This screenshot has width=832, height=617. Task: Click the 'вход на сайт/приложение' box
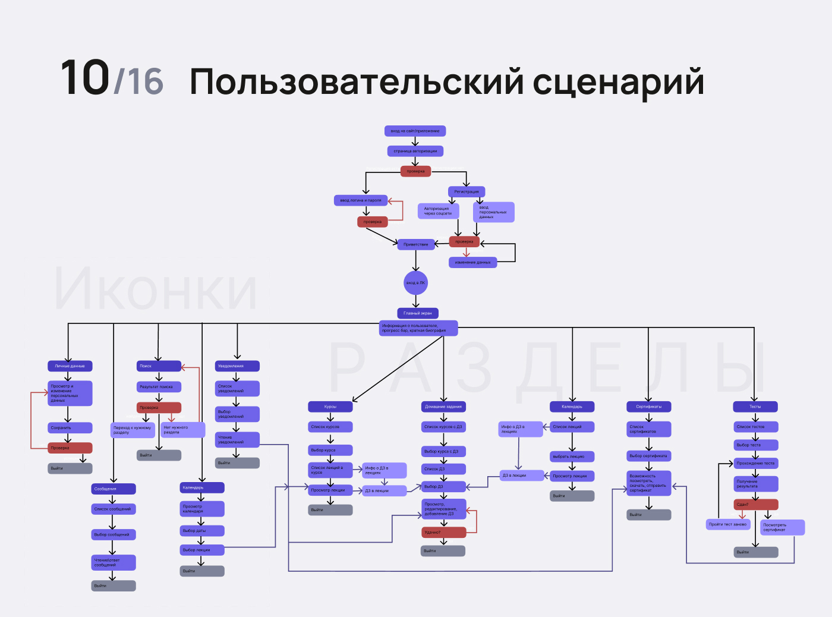(x=415, y=131)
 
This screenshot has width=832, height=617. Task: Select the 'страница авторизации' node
(x=415, y=151)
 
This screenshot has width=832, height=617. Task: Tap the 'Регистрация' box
(x=467, y=191)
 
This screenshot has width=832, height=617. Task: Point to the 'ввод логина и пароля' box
(x=361, y=200)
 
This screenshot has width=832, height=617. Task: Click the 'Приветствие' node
(x=415, y=244)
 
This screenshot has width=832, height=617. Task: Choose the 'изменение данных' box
(x=472, y=262)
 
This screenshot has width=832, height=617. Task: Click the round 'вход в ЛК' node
(x=415, y=283)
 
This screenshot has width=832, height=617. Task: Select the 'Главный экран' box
(x=418, y=313)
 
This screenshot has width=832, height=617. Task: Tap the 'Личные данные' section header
(x=70, y=366)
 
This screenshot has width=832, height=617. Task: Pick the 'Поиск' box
(x=159, y=366)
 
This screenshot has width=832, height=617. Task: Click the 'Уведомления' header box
(x=237, y=366)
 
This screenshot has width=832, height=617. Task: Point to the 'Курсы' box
(x=330, y=407)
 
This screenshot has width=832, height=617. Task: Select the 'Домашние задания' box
(x=443, y=407)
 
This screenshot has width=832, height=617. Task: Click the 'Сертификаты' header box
(x=649, y=407)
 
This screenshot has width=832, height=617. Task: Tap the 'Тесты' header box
(x=755, y=407)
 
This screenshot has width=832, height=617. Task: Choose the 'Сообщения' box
(x=114, y=489)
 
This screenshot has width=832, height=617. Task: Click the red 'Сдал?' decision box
(x=755, y=505)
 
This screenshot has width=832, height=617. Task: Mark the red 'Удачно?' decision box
(x=443, y=533)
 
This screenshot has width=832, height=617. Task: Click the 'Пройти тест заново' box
(x=728, y=524)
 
